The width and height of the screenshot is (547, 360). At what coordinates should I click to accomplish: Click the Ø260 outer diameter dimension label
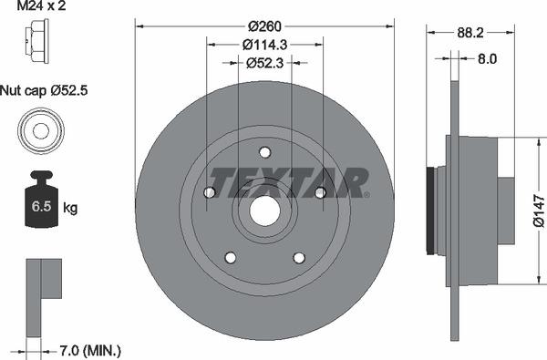click(264, 26)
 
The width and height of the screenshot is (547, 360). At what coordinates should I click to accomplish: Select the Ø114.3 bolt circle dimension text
click(264, 45)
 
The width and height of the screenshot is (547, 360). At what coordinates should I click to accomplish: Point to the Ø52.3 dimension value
click(264, 63)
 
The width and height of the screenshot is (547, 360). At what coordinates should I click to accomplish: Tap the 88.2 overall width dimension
click(470, 33)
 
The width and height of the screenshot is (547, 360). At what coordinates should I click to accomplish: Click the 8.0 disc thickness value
click(487, 59)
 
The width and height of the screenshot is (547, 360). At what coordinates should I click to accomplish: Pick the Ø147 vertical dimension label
click(539, 211)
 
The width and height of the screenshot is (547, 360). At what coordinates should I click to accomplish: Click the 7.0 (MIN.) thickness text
click(90, 350)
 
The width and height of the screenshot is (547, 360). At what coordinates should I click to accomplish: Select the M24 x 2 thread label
click(41, 5)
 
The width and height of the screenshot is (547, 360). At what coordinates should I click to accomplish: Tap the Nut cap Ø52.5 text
click(44, 91)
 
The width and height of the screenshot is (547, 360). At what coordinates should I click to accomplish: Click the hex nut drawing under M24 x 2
click(37, 41)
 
